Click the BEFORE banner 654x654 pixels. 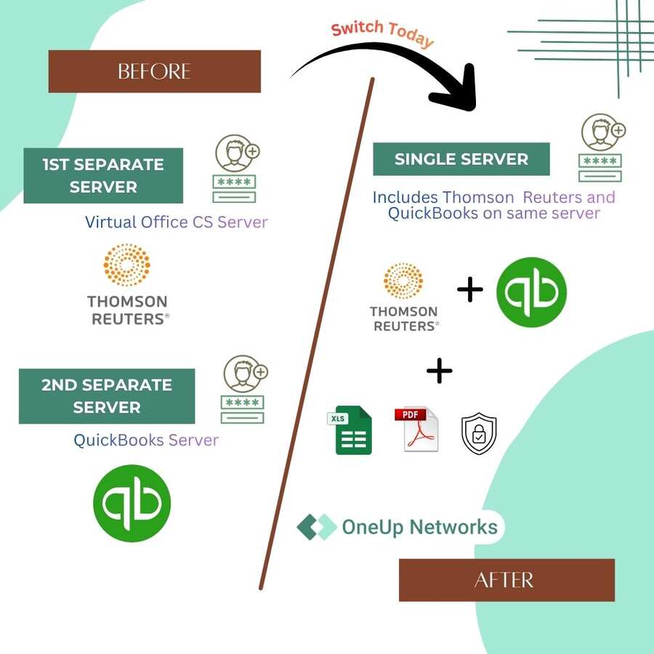coord(154,71)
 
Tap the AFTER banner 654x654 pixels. coord(506,580)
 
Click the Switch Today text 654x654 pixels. coord(382,32)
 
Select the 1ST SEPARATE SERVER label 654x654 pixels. coord(103,176)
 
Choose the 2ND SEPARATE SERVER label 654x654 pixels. coord(107,396)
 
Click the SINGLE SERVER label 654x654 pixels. coord(461,159)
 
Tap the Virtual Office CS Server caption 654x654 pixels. coord(177,222)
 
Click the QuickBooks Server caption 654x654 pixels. coord(146,440)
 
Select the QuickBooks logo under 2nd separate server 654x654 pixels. coord(132,503)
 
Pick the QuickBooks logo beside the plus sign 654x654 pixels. coord(531,292)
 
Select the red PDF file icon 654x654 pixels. coord(416,429)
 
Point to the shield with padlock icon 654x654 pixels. coord(479,434)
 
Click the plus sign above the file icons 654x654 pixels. coord(439,371)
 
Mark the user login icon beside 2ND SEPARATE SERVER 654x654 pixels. coord(243,389)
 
